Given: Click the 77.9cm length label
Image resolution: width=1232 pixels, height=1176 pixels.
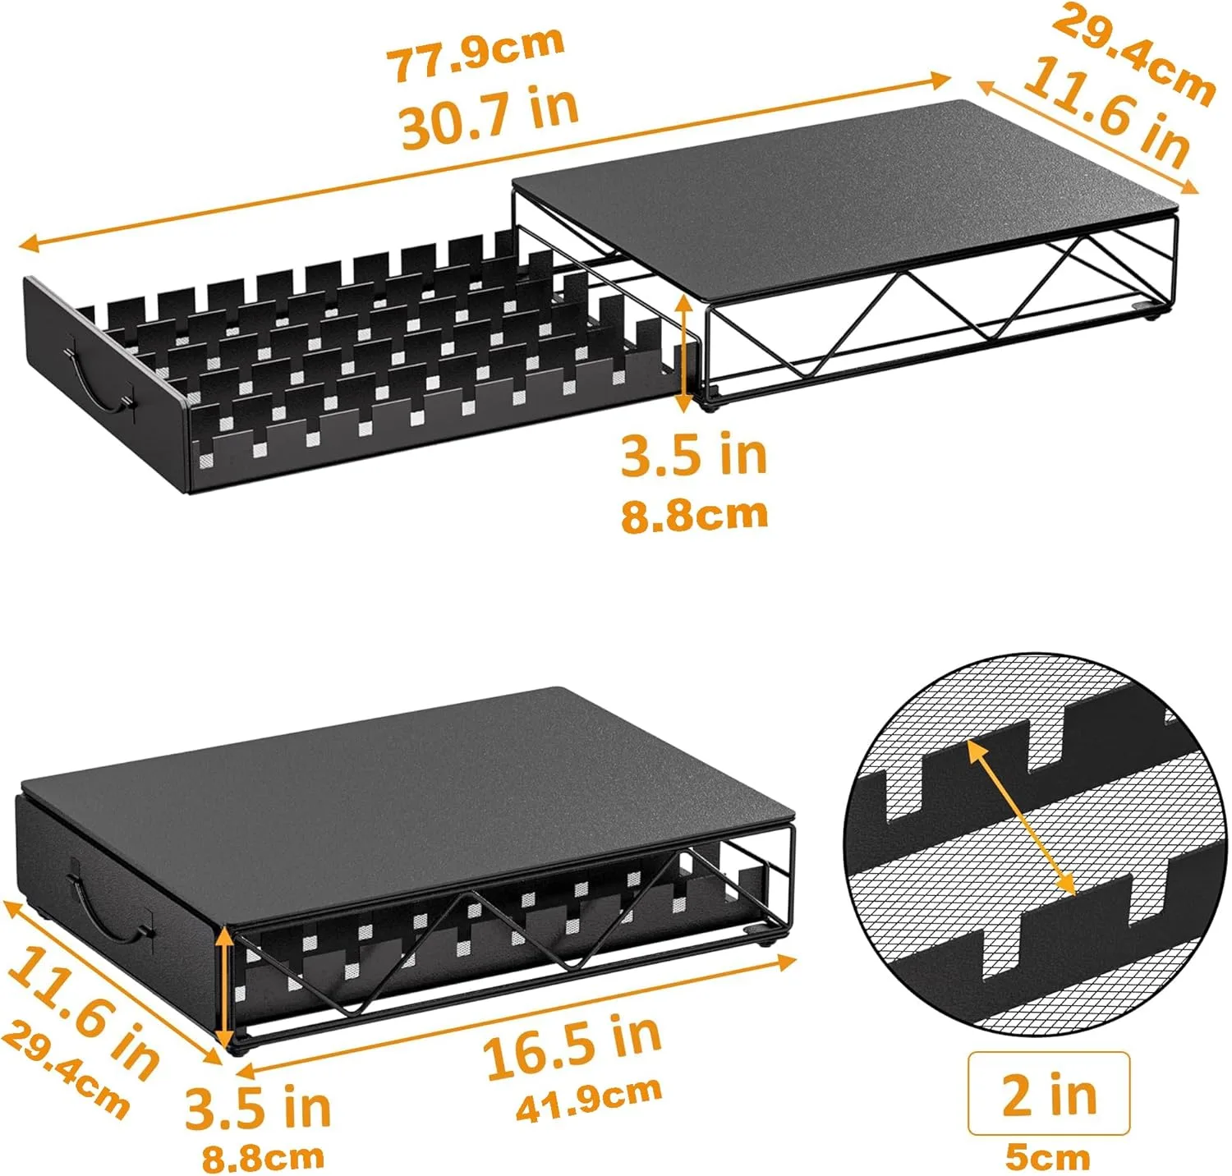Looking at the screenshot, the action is pyautogui.click(x=476, y=53).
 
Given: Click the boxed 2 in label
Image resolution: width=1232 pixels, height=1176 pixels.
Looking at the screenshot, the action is pyautogui.click(x=1049, y=1094).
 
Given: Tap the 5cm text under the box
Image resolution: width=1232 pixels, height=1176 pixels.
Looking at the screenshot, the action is pyautogui.click(x=1048, y=1157).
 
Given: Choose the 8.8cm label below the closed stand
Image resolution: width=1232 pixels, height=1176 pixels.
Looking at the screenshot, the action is pyautogui.click(x=263, y=1158).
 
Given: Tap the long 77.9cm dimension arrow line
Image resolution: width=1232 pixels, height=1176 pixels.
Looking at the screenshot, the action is pyautogui.click(x=486, y=161).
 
